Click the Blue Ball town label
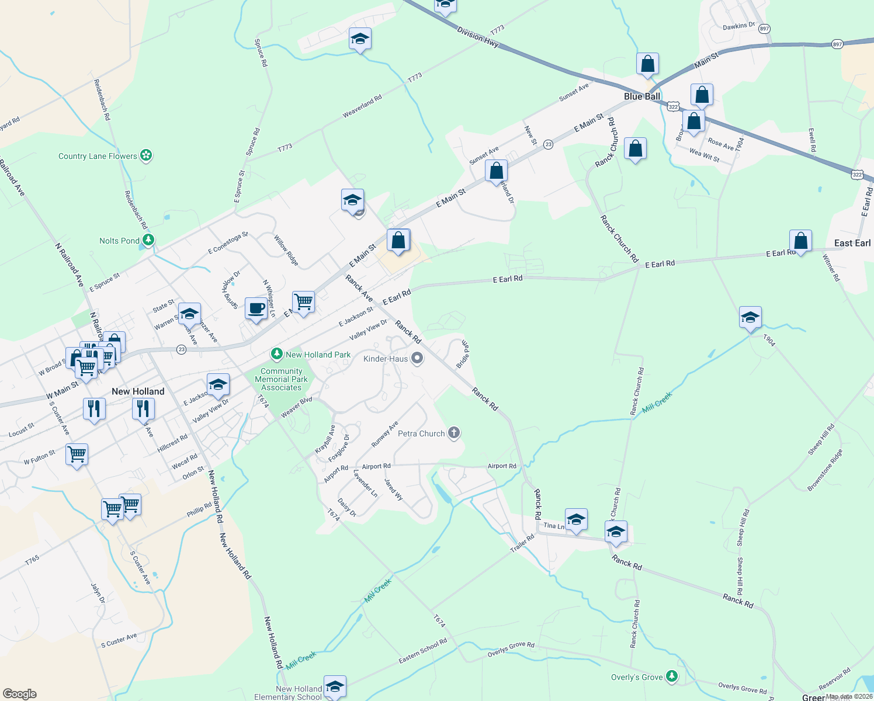click(x=642, y=96)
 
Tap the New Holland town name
click(x=138, y=391)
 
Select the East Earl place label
click(x=852, y=243)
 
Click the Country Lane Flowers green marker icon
click(x=147, y=155)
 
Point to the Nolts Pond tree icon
click(x=149, y=240)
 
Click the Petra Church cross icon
click(x=454, y=433)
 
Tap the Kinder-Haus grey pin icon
click(x=417, y=358)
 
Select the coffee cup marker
click(x=256, y=308)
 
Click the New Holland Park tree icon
click(x=277, y=354)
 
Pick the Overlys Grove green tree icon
click(x=672, y=676)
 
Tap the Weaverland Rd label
click(x=362, y=106)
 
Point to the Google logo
click(x=20, y=694)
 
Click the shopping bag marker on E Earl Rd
click(x=800, y=241)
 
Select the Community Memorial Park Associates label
click(x=282, y=379)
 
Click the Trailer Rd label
click(x=522, y=543)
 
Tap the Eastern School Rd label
click(x=423, y=651)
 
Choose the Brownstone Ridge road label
click(x=825, y=470)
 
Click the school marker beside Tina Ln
click(x=576, y=519)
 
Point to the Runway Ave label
click(x=384, y=434)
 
